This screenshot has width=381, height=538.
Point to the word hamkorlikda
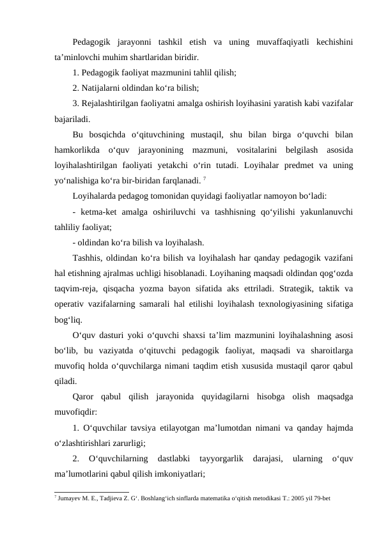pos(79,150)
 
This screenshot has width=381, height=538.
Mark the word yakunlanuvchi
pos(326,211)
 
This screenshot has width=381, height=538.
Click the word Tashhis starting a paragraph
pos(88,257)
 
